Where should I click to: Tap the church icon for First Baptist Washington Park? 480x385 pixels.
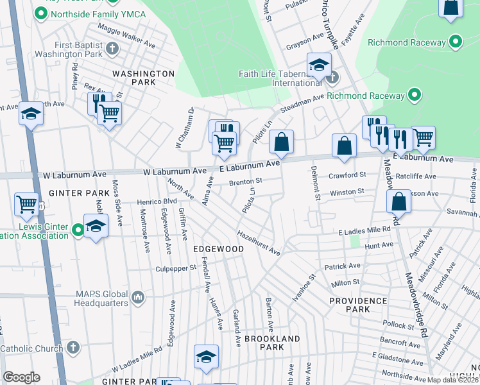(112, 48)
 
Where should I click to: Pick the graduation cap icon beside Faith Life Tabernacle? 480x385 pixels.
(318, 65)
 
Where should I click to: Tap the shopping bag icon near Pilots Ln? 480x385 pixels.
(282, 142)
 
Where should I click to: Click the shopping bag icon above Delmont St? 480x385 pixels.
(344, 145)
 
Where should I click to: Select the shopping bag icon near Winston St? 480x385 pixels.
(399, 201)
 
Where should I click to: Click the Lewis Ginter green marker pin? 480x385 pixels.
(78, 229)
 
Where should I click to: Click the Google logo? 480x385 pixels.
(21, 377)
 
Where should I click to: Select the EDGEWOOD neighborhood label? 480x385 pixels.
(218, 248)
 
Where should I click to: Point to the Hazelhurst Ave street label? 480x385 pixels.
(259, 243)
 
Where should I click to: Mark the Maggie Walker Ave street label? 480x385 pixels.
(126, 37)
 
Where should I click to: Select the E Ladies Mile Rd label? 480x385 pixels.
(368, 230)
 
